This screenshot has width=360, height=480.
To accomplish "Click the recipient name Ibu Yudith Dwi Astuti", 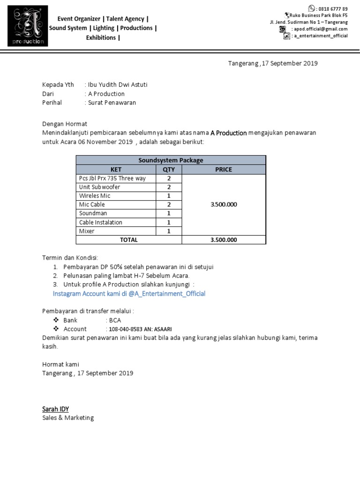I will [117, 85].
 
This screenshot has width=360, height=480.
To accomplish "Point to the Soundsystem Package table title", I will [171, 160].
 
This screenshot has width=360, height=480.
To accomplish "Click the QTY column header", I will [168, 169].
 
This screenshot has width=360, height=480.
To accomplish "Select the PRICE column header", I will [224, 169].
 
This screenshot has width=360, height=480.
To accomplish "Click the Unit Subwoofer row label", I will [100, 187].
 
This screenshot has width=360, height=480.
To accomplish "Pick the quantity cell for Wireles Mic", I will [168, 196].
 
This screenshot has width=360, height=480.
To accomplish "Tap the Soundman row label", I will [93, 213].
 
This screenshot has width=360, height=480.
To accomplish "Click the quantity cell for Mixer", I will [168, 231].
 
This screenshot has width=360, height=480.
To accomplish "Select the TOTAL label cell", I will [129, 240].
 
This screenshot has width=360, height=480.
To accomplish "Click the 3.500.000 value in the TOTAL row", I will [224, 240].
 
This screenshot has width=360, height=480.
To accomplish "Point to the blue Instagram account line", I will [129, 293].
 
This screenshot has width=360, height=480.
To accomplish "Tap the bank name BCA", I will [115, 320].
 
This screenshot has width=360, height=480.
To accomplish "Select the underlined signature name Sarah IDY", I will [55, 409].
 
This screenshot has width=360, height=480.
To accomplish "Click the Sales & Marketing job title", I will [68, 418].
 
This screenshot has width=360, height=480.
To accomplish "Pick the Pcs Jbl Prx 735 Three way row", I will [113, 178].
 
